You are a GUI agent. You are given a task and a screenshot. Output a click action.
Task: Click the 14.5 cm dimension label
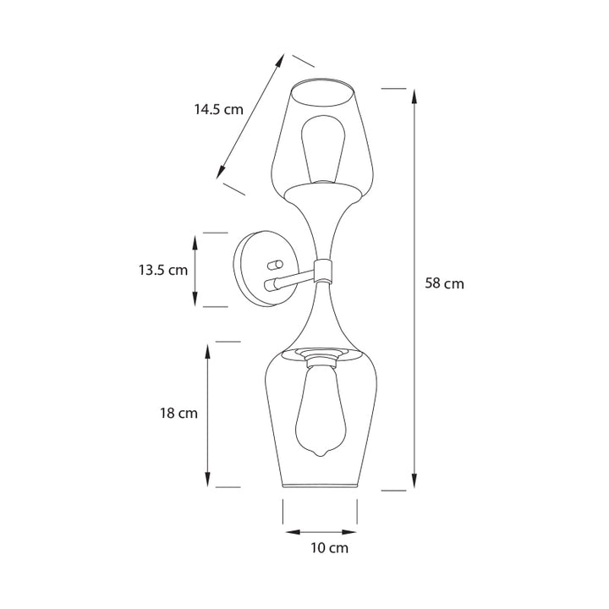pos(219,109)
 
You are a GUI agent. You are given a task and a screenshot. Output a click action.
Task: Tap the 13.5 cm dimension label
pos(163,270)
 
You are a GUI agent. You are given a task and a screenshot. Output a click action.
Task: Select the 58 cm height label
pos(444,283)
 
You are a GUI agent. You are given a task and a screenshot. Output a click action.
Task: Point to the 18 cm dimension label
pos(178,413)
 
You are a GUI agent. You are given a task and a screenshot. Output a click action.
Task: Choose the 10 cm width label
pos(329,548)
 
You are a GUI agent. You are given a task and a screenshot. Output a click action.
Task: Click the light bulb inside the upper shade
pos(324,149)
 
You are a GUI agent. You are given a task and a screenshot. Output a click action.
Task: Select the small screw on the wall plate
pos(273,265)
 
